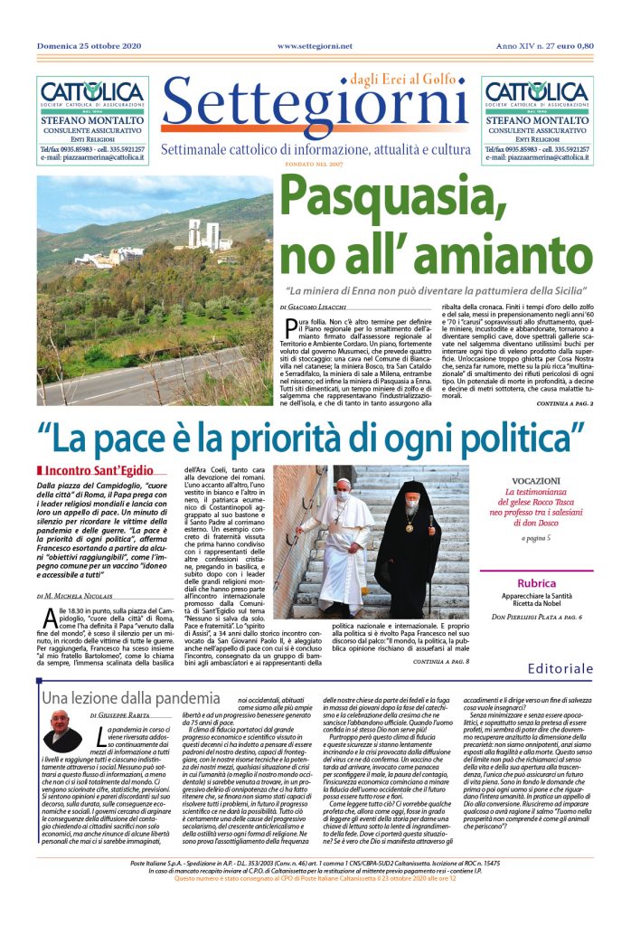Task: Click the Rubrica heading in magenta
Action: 542,583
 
